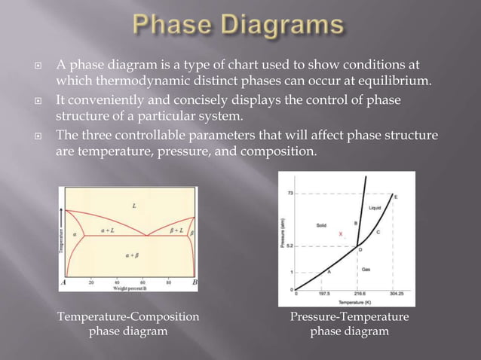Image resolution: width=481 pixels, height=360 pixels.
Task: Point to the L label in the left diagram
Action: tap(134, 205)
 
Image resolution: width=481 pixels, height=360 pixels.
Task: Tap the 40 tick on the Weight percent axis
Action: tap(117, 283)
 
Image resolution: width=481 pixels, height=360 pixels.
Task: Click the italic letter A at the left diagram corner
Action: tap(64, 282)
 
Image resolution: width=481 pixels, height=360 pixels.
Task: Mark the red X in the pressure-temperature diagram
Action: tap(341, 234)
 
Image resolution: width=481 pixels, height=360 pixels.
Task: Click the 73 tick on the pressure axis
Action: tap(290, 193)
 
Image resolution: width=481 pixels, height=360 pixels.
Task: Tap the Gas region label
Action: tap(366, 267)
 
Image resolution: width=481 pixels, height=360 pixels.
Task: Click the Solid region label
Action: tap(320, 225)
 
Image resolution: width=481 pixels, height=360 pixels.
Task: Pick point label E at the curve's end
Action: tap(397, 197)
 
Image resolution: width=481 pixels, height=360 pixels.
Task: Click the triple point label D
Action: tap(360, 249)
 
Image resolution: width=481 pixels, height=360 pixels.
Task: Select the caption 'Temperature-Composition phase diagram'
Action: tap(129, 324)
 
